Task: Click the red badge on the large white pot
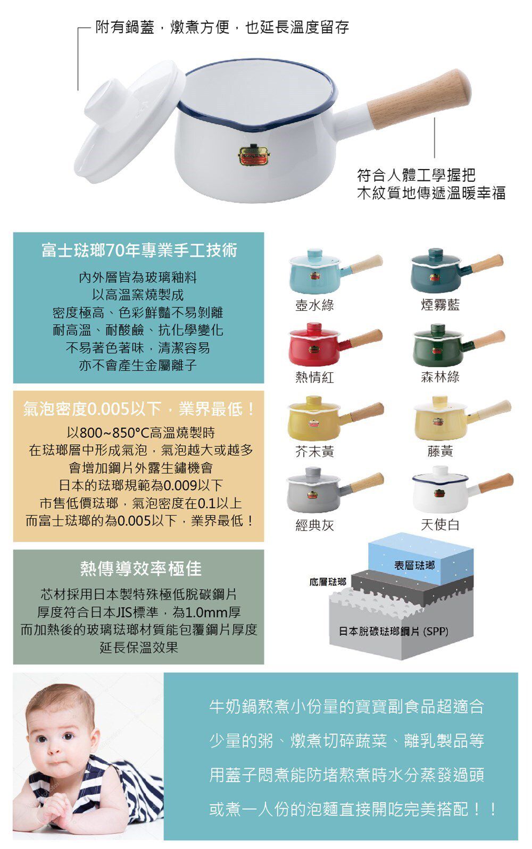253,155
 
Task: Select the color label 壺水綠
314,305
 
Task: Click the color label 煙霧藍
440,305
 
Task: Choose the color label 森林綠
440,377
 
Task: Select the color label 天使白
440,525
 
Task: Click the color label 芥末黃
314,452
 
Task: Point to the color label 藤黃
440,452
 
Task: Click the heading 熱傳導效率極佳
140,569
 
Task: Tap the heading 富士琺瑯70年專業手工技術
139,250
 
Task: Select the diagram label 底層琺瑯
327,582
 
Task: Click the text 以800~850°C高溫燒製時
140,432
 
